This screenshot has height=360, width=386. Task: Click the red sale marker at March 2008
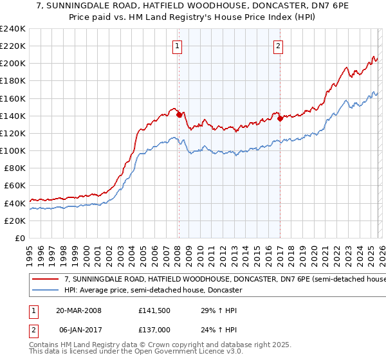click(x=179, y=115)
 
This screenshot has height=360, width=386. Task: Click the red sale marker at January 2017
click(x=280, y=118)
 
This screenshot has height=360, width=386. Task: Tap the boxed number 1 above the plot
click(x=177, y=46)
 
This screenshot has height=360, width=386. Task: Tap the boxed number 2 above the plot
click(x=279, y=46)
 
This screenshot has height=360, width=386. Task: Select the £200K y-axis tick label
click(x=13, y=64)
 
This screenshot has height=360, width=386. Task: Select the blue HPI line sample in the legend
click(x=46, y=290)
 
